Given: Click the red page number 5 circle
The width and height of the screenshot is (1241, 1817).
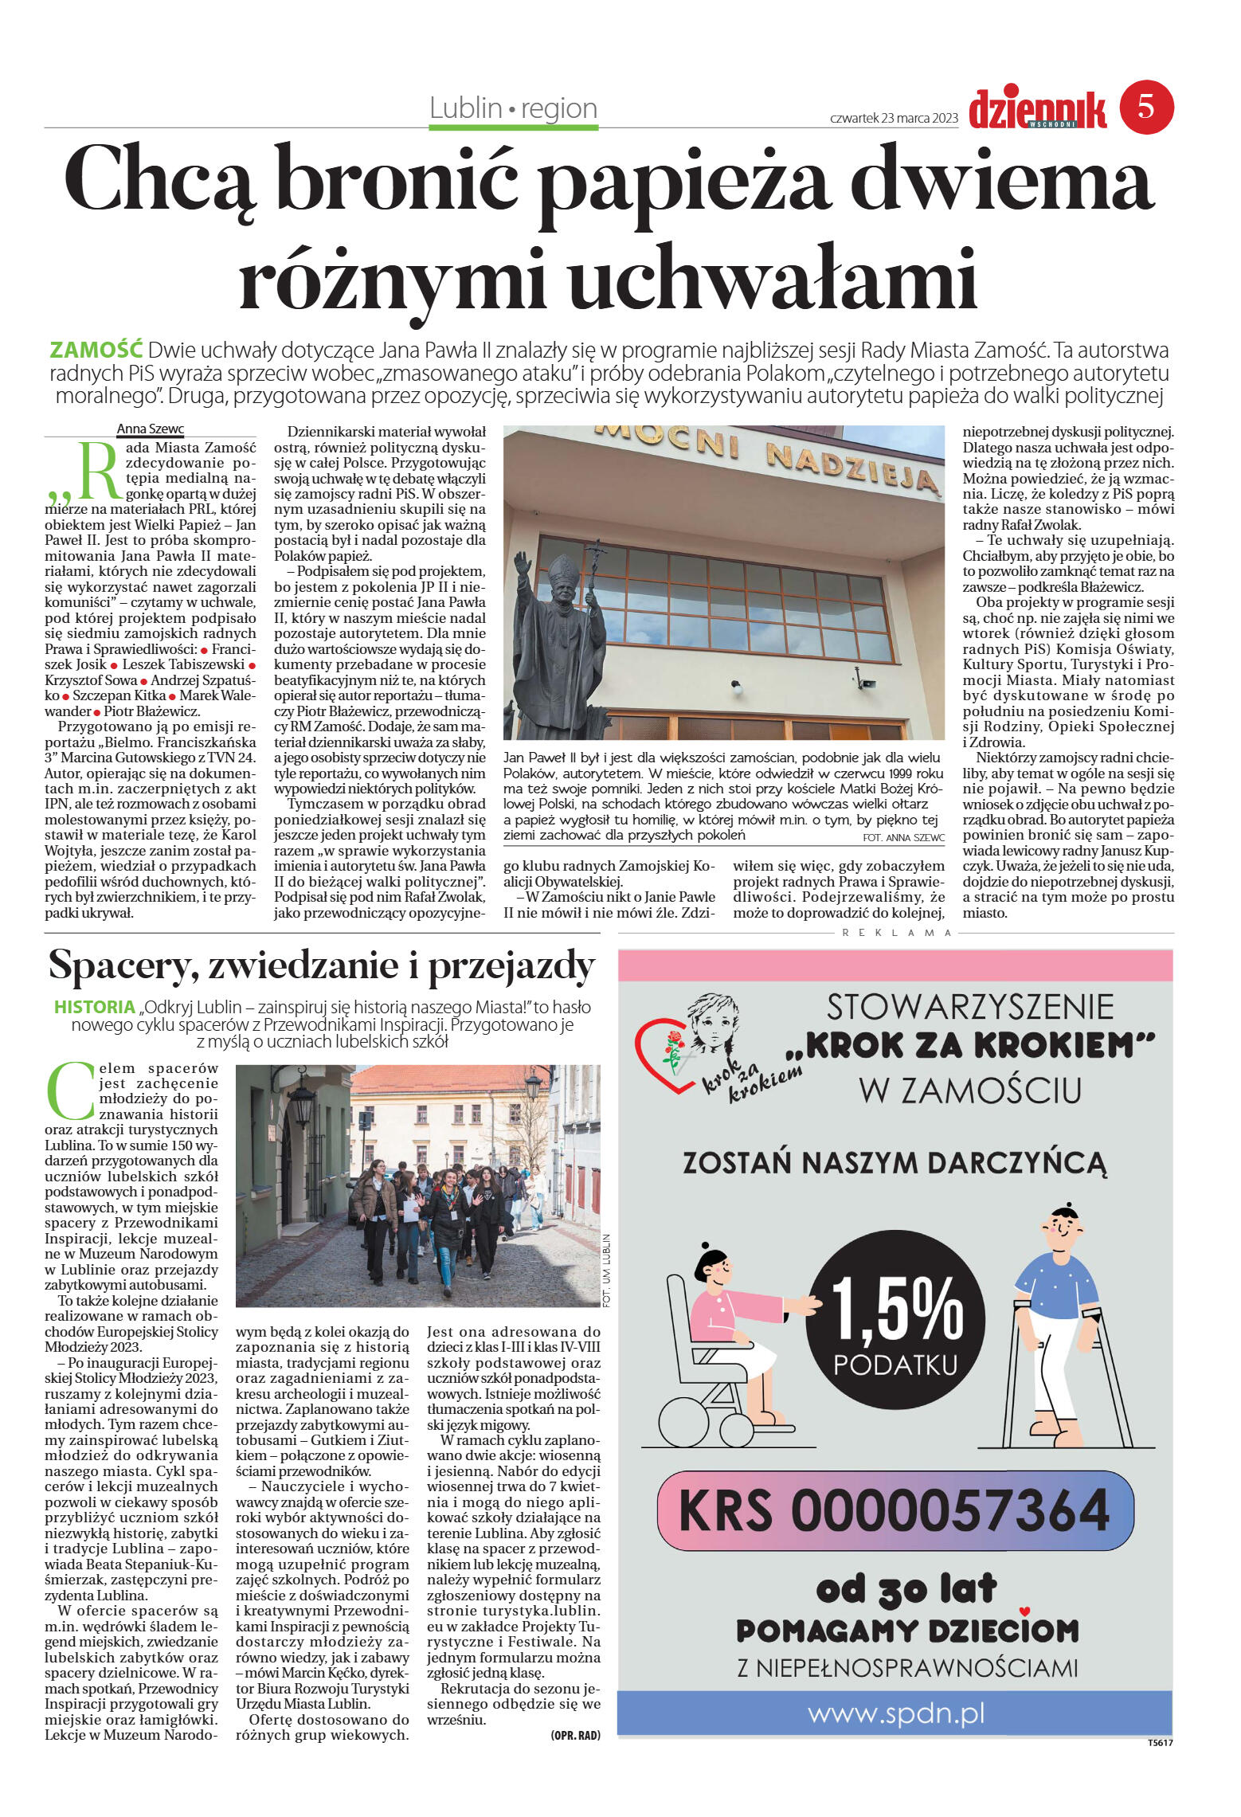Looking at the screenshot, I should click(1146, 107).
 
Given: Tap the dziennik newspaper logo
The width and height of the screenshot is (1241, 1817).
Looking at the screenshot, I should click(1037, 109).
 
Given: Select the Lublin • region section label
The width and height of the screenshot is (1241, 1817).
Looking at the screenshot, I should click(513, 108).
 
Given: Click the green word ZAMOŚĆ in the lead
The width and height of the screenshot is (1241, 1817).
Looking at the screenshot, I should click(96, 350).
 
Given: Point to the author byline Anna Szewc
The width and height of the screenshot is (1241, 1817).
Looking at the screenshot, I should click(151, 429).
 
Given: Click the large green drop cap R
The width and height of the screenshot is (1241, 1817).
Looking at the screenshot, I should click(97, 470).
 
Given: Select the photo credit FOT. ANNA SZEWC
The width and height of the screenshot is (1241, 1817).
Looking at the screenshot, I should click(903, 837).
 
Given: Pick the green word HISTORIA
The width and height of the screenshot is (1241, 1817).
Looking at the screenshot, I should click(94, 1007).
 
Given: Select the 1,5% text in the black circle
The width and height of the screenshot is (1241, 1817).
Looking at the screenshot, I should click(895, 1310).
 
